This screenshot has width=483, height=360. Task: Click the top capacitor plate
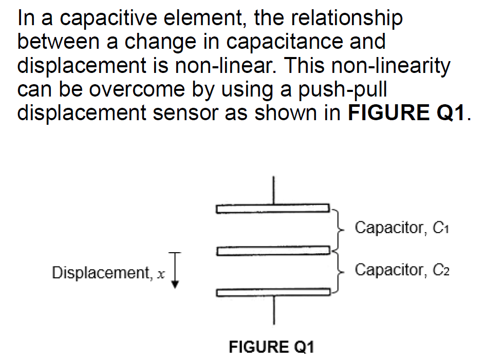point(272,209)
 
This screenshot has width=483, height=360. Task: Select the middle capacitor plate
point(272,251)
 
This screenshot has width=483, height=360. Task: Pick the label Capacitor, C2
point(402,270)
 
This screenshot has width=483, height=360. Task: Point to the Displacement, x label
point(108,273)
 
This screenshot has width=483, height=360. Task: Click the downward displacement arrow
point(175,271)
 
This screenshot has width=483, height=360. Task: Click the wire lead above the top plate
point(273,191)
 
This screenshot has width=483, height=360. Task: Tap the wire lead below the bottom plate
point(273,310)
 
